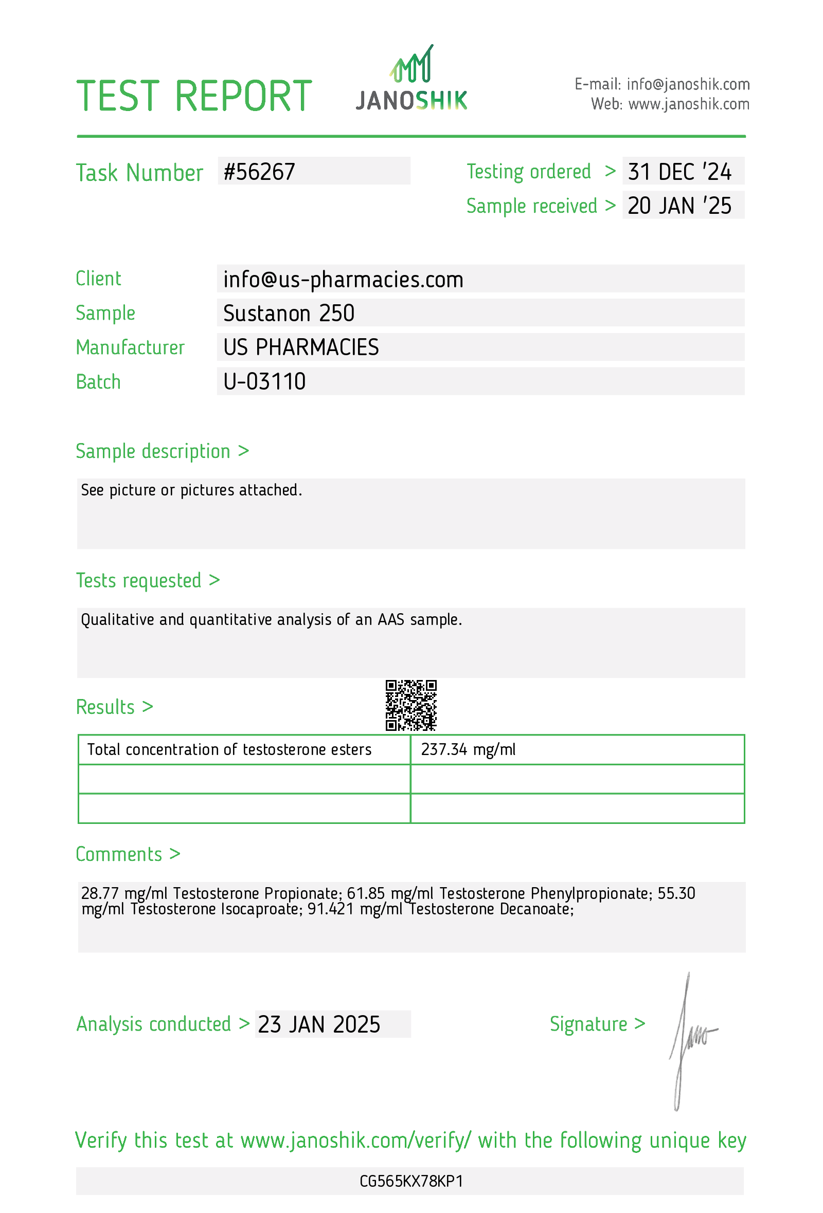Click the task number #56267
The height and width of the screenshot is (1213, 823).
coord(259,172)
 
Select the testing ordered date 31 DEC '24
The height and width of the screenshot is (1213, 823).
coord(679,172)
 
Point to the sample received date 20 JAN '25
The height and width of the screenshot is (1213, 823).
coord(679,206)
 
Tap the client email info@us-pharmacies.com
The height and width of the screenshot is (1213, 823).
coord(343,279)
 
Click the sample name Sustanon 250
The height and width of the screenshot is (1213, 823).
coord(289,313)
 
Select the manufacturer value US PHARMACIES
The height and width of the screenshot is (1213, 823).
coord(301,347)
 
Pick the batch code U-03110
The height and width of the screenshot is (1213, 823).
coord(264,381)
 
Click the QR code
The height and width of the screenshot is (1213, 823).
coord(411,705)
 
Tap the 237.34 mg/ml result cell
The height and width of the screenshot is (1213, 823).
coord(468,749)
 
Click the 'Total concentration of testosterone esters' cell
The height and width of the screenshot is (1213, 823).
coord(229,749)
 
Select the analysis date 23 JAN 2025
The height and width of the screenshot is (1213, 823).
coord(319,1024)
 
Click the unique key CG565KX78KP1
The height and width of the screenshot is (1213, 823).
coord(411,1181)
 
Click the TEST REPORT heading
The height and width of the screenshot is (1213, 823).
coord(194,97)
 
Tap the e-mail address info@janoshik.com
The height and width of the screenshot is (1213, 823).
coord(688,84)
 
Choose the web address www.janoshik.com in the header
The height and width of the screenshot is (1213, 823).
coord(688,104)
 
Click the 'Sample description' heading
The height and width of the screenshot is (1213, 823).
coord(153,451)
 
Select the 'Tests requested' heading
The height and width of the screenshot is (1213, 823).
coord(139,580)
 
